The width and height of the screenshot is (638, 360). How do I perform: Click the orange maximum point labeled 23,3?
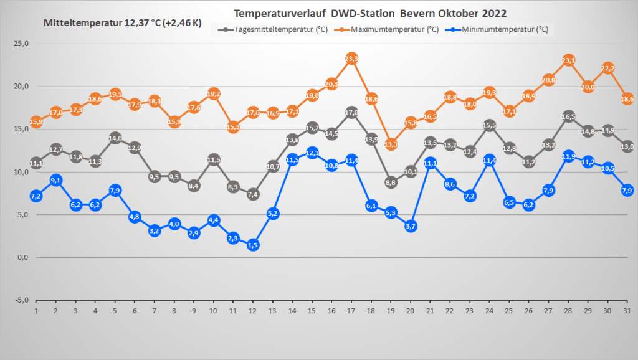coord(351,59)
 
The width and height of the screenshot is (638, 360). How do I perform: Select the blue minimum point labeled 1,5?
coord(252,245)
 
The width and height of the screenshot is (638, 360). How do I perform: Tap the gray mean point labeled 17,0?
coord(351,113)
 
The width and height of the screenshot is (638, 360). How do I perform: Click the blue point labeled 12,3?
coord(312,153)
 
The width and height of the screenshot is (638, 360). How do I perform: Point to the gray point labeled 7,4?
coord(252,194)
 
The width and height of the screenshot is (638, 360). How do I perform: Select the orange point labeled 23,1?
coord(569,60)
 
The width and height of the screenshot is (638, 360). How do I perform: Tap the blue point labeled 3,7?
coord(411,226)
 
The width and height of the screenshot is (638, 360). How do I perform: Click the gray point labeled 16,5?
coord(569,116)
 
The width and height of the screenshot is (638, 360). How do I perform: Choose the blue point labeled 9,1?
coord(55,180)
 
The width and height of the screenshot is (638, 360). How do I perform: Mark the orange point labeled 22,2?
coord(608,68)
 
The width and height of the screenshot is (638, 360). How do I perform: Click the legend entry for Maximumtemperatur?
coord(394,29)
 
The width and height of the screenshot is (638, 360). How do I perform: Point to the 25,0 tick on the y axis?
coord(22,44)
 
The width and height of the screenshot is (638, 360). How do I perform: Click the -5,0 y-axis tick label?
coord(22,300)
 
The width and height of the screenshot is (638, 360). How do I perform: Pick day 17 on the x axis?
coord(351,310)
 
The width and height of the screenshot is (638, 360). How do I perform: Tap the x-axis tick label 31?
coord(627,310)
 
